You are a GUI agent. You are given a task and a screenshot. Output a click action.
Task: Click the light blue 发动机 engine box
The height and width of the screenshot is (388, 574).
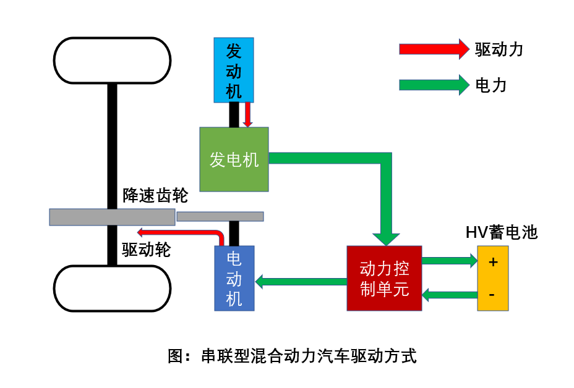coord(234,69)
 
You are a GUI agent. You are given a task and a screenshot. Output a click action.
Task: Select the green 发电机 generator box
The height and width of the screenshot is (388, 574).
coord(234,159)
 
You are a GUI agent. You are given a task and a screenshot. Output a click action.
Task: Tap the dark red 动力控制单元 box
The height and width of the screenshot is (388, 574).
coord(384,278)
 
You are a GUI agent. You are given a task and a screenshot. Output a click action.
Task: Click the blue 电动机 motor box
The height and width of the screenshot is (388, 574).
coord(234,278)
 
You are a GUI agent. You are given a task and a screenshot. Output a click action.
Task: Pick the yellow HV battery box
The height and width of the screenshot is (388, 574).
coord(492,278)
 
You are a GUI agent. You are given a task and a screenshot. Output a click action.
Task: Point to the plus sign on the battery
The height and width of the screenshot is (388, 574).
coord(492,262)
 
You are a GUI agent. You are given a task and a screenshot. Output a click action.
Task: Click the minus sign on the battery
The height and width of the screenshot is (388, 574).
coord(492,295)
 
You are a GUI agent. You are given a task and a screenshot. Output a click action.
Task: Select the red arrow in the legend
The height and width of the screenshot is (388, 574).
coord(434,49)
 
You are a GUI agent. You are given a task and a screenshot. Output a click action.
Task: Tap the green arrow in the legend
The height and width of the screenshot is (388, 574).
coord(434,85)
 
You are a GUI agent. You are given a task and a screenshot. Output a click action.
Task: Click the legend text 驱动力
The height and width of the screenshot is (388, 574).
coord(499,49)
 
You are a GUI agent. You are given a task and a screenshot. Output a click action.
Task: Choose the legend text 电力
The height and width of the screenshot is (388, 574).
coord(491,85)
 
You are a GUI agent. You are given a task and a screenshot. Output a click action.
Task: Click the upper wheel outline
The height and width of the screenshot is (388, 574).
coord(112,61)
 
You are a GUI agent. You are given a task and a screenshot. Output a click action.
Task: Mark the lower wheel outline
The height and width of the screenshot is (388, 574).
coord(112,289)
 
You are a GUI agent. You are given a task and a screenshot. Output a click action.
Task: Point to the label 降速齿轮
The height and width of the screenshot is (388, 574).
coord(155,196)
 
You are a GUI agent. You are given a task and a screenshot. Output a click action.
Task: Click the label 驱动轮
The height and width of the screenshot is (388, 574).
coord(147,250)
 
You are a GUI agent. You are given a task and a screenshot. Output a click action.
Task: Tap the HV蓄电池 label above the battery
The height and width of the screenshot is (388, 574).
coord(502,232)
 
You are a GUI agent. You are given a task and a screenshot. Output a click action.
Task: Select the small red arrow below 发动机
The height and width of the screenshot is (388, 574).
coord(247,114)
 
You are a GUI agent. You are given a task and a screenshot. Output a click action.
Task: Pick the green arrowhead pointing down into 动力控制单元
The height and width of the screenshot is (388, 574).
coord(387,237)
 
